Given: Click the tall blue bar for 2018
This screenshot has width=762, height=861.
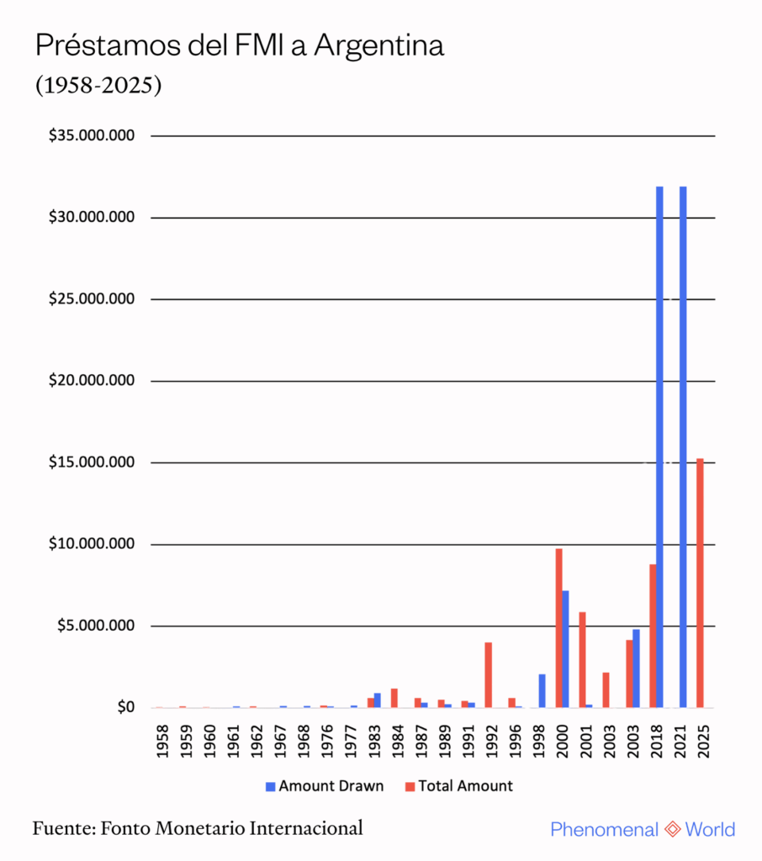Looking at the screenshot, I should click(x=659, y=446).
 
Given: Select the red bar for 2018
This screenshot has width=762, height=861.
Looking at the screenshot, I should click(x=653, y=636).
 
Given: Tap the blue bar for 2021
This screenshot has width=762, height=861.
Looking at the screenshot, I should click(x=683, y=446).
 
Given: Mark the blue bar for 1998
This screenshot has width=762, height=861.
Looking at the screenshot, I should click(x=542, y=690).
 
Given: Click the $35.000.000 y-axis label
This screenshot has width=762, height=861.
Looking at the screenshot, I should click(x=93, y=136).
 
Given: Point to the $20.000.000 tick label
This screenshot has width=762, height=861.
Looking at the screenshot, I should click(x=93, y=381).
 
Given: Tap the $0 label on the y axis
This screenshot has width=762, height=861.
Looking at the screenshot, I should click(x=125, y=708).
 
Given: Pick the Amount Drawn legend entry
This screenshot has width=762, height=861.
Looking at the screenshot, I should click(x=324, y=786).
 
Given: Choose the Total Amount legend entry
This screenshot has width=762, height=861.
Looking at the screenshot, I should click(x=459, y=786).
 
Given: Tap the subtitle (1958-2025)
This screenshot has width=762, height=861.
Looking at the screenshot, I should click(x=98, y=86).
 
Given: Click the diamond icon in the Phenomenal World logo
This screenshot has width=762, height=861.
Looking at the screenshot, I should click(x=672, y=830).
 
